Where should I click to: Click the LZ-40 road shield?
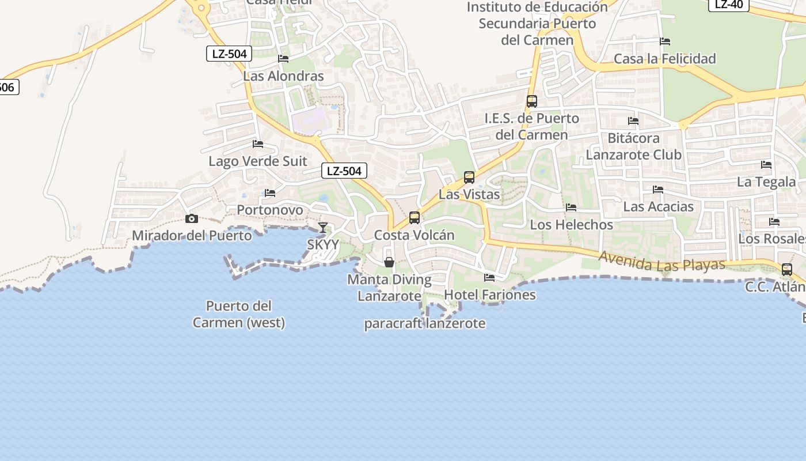click(x=729, y=5)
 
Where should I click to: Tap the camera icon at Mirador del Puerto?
click(x=192, y=218)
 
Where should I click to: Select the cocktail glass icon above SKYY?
click(x=323, y=227)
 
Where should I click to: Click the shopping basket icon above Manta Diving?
click(x=389, y=262)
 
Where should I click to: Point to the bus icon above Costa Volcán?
click(x=415, y=218)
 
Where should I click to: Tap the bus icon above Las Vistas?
click(x=469, y=177)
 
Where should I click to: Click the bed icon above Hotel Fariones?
click(x=489, y=277)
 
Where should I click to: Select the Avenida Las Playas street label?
click(x=661, y=261)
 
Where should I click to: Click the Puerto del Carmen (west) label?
click(x=239, y=314)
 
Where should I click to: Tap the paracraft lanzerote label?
click(x=425, y=324)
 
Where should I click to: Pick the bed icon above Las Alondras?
click(x=283, y=58)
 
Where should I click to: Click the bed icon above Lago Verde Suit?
click(x=258, y=143)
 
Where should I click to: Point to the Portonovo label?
click(x=270, y=210)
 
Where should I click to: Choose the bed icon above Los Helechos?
click(x=571, y=207)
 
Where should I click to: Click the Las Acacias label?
click(x=659, y=206)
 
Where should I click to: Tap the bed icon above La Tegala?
click(x=766, y=164)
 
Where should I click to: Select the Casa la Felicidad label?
click(x=665, y=59)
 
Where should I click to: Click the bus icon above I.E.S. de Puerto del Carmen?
click(x=532, y=101)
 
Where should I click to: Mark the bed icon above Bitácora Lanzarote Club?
click(x=633, y=121)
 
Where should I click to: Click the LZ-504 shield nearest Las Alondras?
click(x=229, y=54)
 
